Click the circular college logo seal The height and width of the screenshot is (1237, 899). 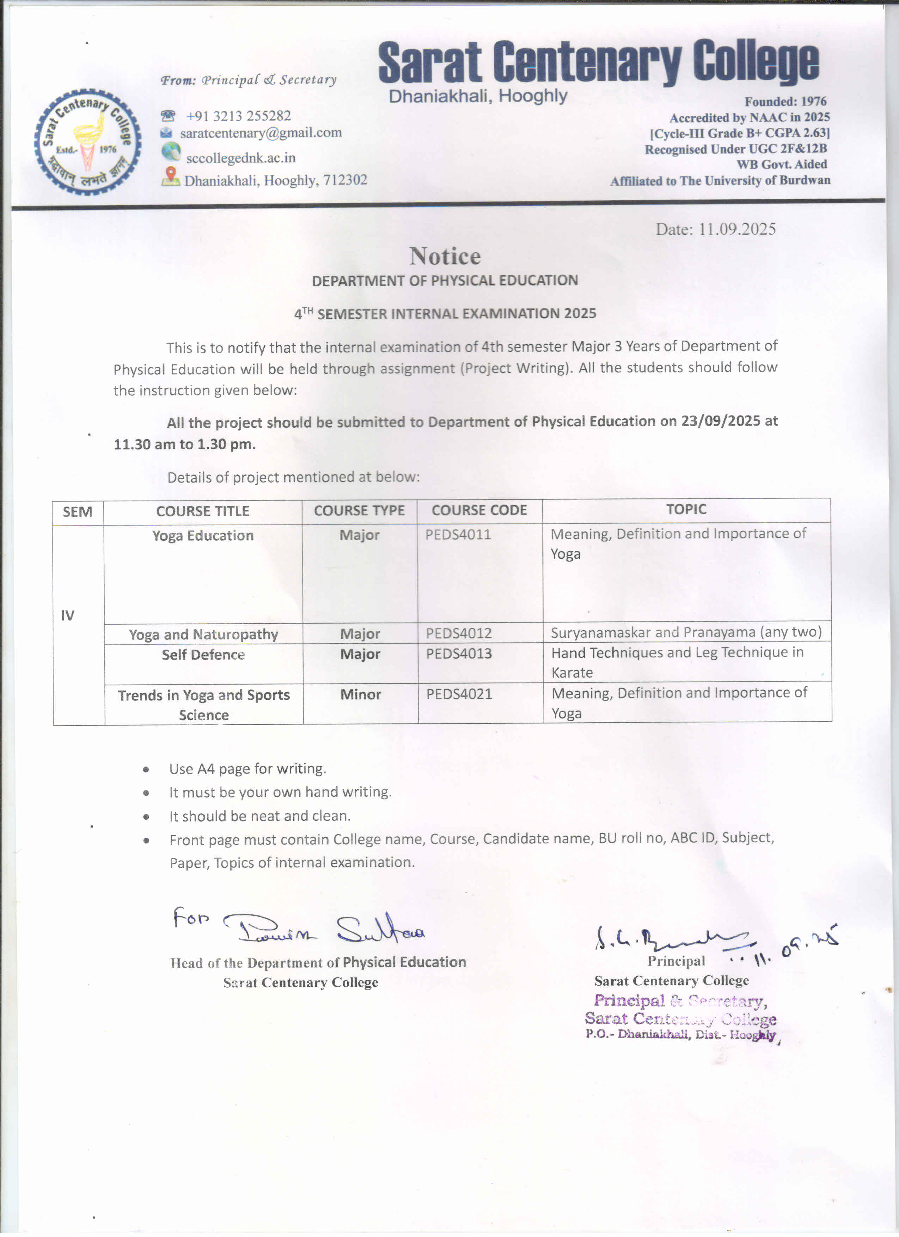87,142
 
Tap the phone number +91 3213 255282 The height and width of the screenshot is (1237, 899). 238,116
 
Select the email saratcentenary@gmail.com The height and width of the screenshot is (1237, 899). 261,133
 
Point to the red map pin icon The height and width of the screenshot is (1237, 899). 171,175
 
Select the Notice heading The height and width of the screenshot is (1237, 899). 445,256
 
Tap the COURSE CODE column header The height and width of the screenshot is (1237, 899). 479,510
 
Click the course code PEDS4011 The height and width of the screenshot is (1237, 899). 458,534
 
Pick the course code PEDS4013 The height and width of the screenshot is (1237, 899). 459,653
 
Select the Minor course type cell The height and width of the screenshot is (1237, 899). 360,694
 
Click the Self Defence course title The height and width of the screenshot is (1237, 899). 203,655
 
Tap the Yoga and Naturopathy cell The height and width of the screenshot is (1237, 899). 203,634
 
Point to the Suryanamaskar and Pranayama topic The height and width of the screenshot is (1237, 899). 686,632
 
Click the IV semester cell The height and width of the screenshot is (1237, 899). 68,616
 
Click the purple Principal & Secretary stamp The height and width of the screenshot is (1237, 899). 680,1018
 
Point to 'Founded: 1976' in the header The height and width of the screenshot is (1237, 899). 785,102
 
